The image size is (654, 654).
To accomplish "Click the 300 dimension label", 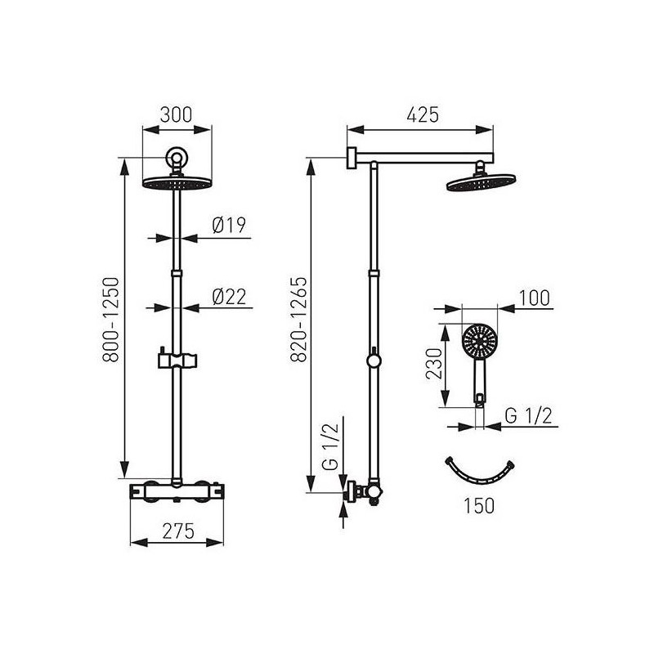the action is tap(176, 114).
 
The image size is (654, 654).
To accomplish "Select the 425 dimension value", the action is tap(423, 114).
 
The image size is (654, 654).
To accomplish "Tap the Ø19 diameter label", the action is tap(229, 226).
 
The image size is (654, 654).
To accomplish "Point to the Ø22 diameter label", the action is tap(229, 297).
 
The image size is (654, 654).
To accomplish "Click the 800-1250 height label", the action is tap(111, 320).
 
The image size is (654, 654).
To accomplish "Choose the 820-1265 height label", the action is tap(298, 320).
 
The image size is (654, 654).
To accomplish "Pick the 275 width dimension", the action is tap(178, 531).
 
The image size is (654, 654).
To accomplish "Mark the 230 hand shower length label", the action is tap(434, 363).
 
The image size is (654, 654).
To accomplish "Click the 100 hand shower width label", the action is tap(535, 298).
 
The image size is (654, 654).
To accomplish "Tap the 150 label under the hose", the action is tap(479, 505).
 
